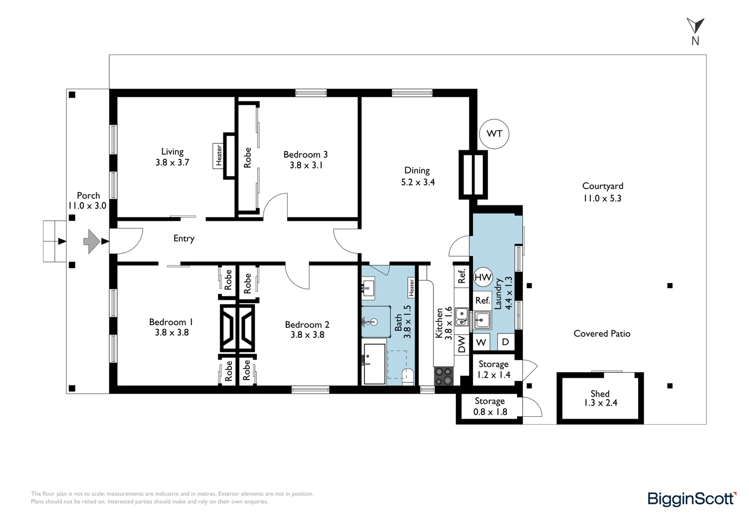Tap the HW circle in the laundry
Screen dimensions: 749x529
click(483, 277)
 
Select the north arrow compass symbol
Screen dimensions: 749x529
click(696, 31)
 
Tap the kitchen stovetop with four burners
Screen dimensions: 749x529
click(444, 377)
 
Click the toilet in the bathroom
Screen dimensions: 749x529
click(408, 377)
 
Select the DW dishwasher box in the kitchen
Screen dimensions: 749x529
click(461, 344)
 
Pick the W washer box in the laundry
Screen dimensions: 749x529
click(481, 342)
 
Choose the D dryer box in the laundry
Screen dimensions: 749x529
click(505, 342)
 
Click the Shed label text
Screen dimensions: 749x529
click(600, 393)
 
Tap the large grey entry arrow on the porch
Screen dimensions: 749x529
click(91, 241)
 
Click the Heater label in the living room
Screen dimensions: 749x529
click(219, 155)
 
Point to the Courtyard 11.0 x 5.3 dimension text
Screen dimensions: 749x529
click(602, 198)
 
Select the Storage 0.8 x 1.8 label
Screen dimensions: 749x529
click(490, 407)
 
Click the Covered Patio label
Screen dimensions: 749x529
click(602, 334)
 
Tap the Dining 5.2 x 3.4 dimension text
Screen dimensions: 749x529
click(418, 182)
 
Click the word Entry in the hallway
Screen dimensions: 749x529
click(184, 238)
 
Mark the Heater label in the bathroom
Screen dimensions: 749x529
click(411, 288)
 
